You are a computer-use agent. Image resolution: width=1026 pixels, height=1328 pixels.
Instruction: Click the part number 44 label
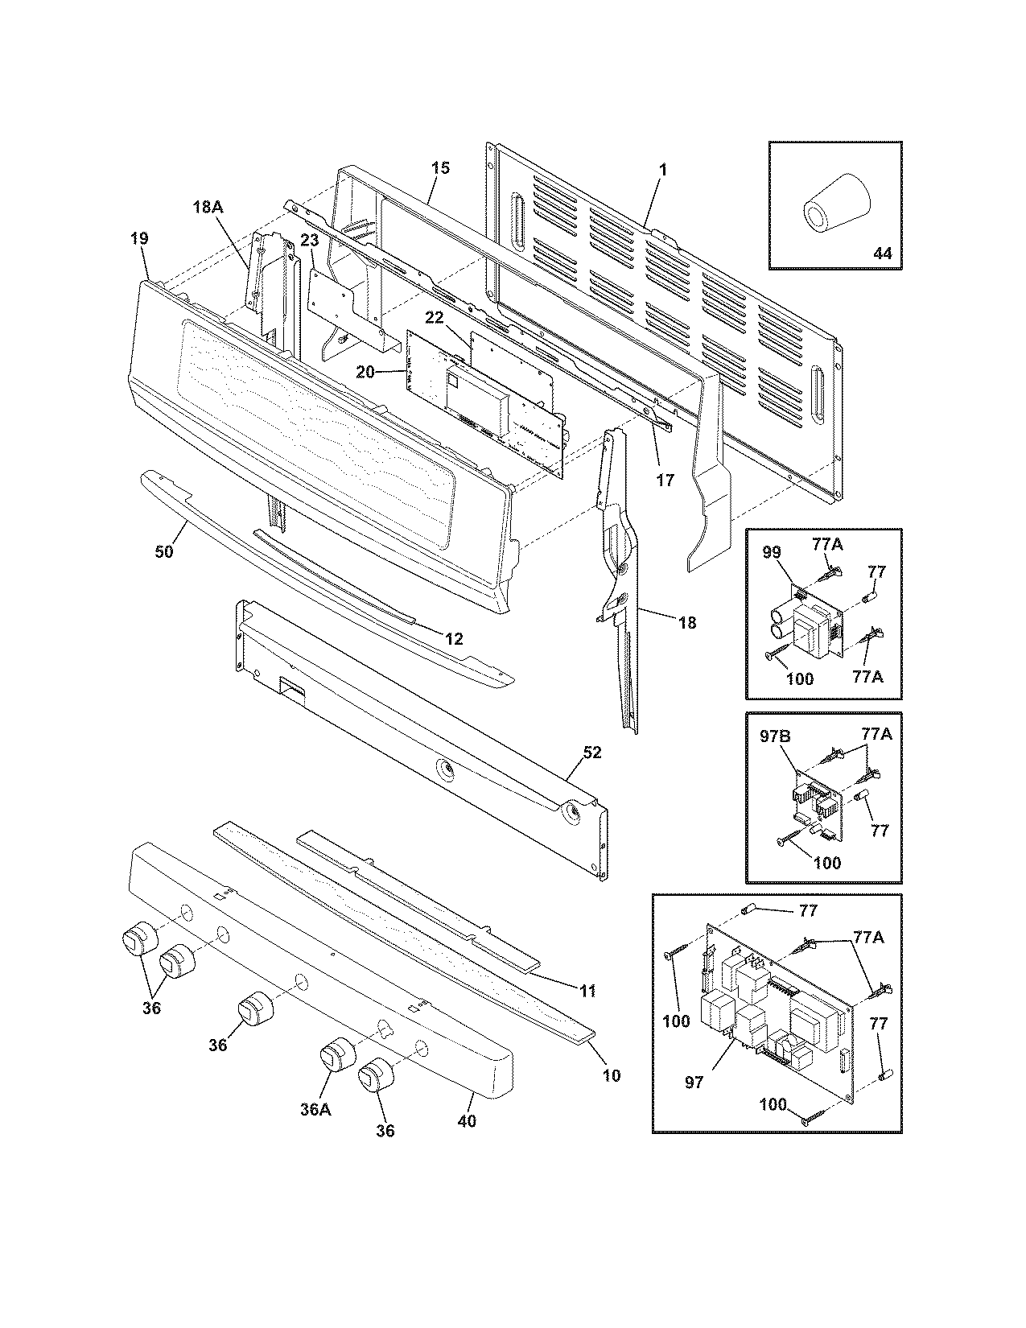coord(882,253)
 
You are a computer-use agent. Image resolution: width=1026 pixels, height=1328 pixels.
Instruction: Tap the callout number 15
coord(439,168)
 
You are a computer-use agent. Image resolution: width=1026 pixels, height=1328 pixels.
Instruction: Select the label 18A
coord(207,207)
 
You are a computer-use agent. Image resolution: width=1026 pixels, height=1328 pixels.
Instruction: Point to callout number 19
coord(138,238)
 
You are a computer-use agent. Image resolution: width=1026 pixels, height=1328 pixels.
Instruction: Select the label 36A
coord(315,1109)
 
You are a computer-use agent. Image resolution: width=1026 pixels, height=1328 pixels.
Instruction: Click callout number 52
coord(591,753)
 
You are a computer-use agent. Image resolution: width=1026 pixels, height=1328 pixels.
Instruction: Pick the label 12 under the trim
coord(454,639)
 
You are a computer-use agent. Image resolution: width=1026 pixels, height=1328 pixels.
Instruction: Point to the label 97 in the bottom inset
coord(694,1083)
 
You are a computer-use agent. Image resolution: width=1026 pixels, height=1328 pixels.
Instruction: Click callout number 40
coord(467,1120)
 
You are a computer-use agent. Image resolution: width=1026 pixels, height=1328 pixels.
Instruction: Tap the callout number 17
coord(665,480)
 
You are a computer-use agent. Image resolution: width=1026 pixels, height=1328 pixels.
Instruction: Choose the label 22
coord(435,319)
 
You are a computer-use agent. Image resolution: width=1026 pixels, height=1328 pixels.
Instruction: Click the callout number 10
coord(612,1074)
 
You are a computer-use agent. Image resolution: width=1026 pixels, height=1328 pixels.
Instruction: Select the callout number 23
coord(310,241)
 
